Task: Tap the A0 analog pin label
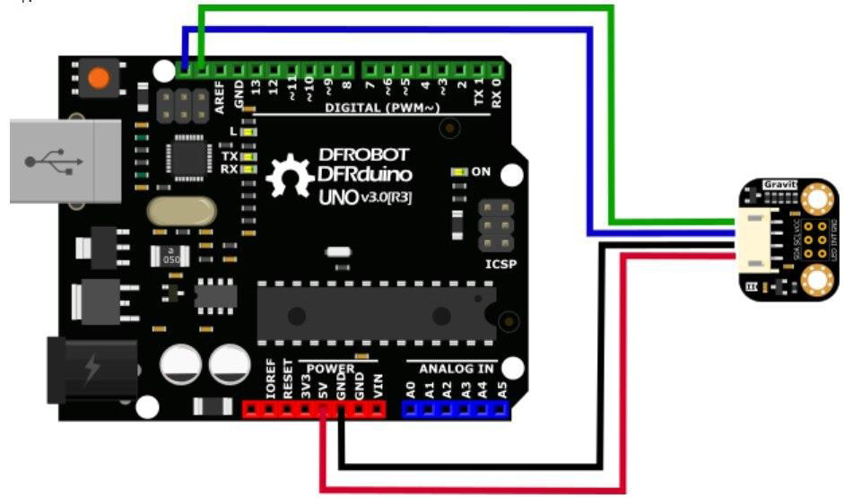(x=411, y=389)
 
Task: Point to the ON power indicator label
(x=482, y=170)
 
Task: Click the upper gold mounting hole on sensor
(x=818, y=197)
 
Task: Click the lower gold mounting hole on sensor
(x=818, y=282)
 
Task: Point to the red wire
(x=472, y=489)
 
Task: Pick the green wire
(x=612, y=108)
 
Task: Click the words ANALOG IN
(x=457, y=367)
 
